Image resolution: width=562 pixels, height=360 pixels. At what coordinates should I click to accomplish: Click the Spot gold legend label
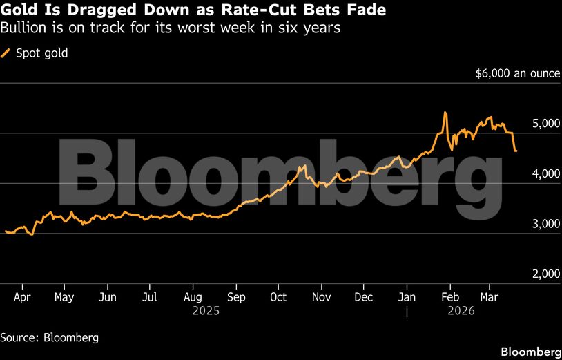pyautogui.click(x=41, y=53)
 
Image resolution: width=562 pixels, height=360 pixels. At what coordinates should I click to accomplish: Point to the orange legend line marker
pyautogui.click(x=6, y=53)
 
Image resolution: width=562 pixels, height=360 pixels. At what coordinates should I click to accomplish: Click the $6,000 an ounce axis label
pyautogui.click(x=517, y=73)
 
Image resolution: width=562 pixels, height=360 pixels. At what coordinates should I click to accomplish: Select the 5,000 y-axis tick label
pyautogui.click(x=545, y=123)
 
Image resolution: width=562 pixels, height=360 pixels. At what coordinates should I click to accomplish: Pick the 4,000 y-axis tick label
pyautogui.click(x=545, y=173)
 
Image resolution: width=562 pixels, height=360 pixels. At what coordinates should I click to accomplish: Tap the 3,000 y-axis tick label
pyautogui.click(x=545, y=224)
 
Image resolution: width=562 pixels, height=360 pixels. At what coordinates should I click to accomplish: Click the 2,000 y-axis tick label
pyautogui.click(x=545, y=274)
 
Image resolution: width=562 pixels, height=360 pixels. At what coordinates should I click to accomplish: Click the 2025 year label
pyautogui.click(x=206, y=312)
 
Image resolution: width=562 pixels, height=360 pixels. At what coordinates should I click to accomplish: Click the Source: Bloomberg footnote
pyautogui.click(x=49, y=338)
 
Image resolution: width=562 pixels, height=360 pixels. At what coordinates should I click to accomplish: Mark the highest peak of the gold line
pyautogui.click(x=445, y=113)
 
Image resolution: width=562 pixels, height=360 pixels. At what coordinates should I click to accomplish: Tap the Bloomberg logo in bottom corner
pyautogui.click(x=530, y=351)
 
